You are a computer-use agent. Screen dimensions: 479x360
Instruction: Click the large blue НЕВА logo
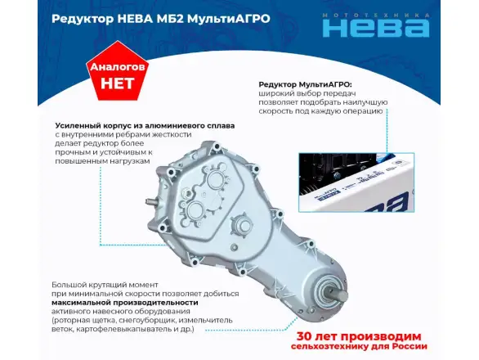tap(376, 28)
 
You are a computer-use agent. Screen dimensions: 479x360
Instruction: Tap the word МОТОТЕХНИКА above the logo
tap(376, 16)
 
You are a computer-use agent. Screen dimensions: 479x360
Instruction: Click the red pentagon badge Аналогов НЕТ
tap(118, 71)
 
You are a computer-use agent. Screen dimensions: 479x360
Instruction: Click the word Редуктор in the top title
tap(82, 19)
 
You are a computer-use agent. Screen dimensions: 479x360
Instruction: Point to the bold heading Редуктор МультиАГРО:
tap(305, 84)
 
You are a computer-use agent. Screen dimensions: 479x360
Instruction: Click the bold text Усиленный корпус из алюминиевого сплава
tap(145, 125)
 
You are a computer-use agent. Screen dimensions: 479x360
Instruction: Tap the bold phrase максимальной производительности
tap(124, 303)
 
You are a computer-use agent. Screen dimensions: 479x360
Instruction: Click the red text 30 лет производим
tap(359, 336)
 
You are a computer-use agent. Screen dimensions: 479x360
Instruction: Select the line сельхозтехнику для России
tap(359, 347)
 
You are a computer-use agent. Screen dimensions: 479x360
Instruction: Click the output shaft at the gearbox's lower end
tap(338, 295)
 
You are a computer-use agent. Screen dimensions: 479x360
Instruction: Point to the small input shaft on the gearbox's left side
tap(151, 202)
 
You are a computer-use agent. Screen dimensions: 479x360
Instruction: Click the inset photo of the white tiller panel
tap(356, 182)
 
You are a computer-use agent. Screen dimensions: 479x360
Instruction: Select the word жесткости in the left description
tap(172, 134)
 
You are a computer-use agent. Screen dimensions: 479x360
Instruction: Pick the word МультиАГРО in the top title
tap(229, 19)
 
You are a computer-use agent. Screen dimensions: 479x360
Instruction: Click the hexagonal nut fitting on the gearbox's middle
tap(243, 225)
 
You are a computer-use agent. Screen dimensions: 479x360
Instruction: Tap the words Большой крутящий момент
tap(105, 285)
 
